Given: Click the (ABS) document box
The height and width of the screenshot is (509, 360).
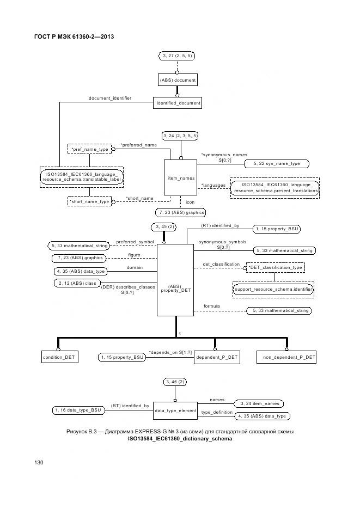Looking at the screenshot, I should click(x=177, y=80).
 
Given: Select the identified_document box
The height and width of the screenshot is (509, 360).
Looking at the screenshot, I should click(x=178, y=102).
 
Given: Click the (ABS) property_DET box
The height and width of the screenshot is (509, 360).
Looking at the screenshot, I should click(x=175, y=287).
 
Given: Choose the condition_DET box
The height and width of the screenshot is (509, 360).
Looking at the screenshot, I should click(x=59, y=357).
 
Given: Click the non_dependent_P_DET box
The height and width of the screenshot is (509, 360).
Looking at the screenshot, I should click(x=286, y=357).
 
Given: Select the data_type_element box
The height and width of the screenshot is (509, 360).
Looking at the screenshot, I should click(x=175, y=410).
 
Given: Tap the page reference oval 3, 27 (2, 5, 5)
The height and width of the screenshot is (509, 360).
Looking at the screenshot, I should click(x=177, y=56).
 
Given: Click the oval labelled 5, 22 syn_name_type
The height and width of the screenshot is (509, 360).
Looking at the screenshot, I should click(x=276, y=163).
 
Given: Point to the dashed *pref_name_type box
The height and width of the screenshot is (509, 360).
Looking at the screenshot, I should click(x=89, y=148).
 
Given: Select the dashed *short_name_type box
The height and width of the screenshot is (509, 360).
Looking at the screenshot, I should click(x=89, y=201).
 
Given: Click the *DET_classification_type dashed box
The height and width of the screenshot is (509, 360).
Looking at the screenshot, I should click(x=275, y=267).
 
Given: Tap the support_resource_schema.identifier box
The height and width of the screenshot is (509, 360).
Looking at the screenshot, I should click(x=273, y=290).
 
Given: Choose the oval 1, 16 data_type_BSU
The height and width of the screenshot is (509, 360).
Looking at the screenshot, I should click(x=77, y=409).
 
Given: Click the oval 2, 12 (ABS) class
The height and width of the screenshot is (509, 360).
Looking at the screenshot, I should click(x=76, y=283).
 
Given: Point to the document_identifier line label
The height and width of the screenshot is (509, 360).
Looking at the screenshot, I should click(x=110, y=99).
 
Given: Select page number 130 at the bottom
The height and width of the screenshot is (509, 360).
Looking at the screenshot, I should click(x=39, y=462).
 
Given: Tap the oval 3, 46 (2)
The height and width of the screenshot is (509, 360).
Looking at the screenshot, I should click(x=175, y=383).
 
